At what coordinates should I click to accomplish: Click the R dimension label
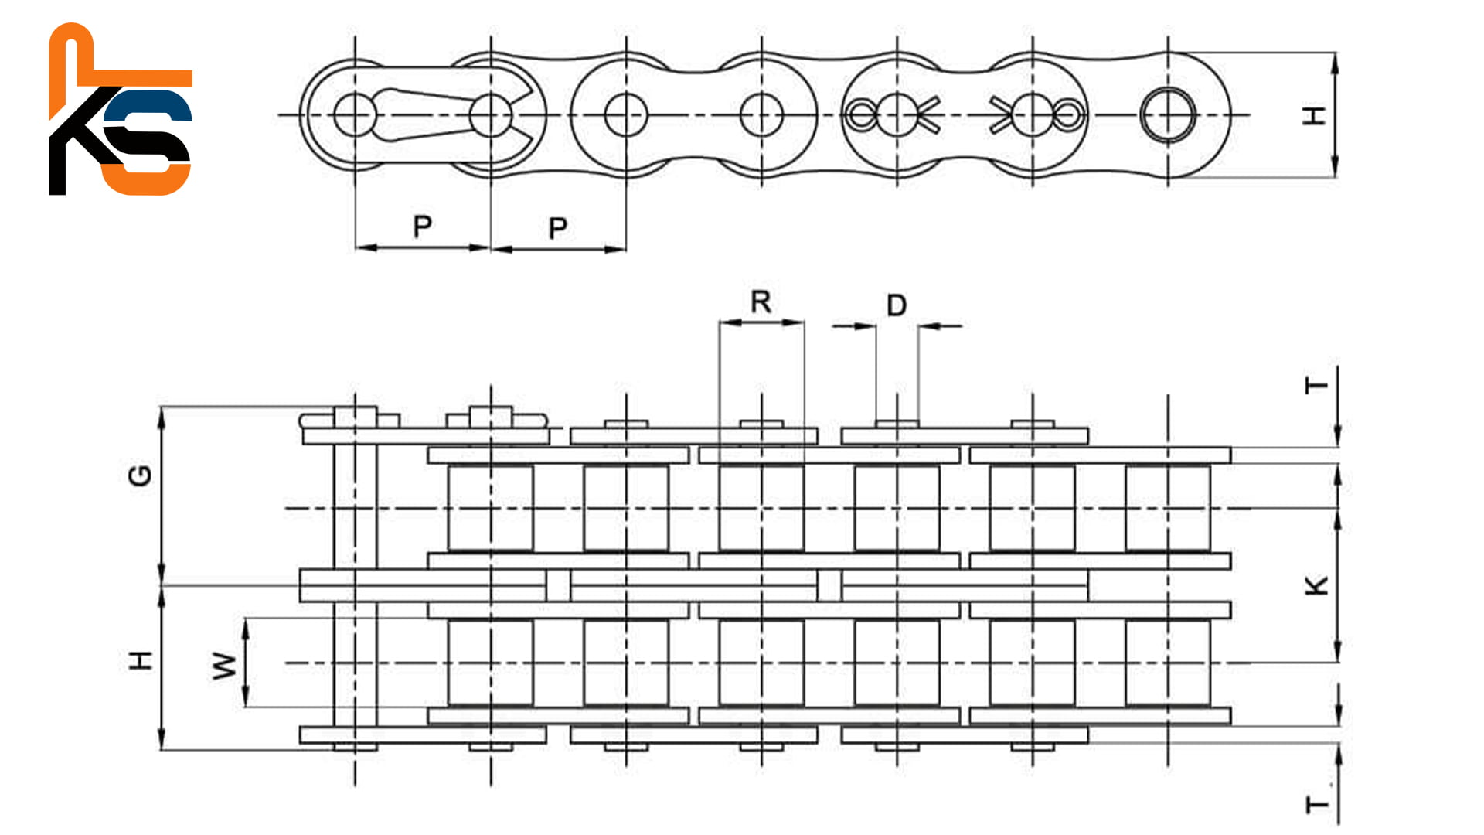click(x=761, y=302)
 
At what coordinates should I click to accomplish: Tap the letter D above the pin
click(x=897, y=305)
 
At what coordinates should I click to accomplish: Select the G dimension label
click(x=140, y=475)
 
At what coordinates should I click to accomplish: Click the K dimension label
click(x=1317, y=585)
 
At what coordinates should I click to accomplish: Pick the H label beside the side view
click(x=1315, y=116)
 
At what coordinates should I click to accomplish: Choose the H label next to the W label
click(x=141, y=661)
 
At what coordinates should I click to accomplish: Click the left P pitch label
click(x=422, y=227)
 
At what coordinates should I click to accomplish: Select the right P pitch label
click(x=557, y=228)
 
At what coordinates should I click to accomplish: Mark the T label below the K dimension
click(x=1317, y=805)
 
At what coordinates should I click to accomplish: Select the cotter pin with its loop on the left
click(x=889, y=115)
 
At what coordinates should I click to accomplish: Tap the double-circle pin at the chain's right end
click(x=1168, y=115)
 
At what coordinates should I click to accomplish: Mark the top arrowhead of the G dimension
click(x=162, y=416)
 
